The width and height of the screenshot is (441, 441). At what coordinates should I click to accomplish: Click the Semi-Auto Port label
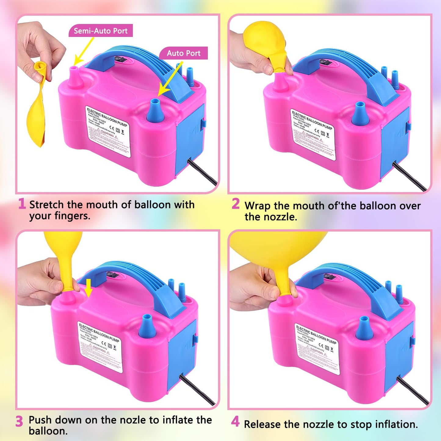[x=100, y=31]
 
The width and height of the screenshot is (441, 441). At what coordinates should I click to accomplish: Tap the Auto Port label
[x=183, y=53]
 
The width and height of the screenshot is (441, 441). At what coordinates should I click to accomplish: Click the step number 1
[x=22, y=204]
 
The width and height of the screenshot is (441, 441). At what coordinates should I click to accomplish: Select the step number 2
[x=236, y=204]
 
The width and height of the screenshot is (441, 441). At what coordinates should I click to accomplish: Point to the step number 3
[x=19, y=421]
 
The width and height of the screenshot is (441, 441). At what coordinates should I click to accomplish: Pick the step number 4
[x=235, y=421]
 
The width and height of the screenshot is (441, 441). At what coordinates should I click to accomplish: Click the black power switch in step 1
[x=120, y=59]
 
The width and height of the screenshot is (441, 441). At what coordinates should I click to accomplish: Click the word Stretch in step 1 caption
[x=47, y=205]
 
